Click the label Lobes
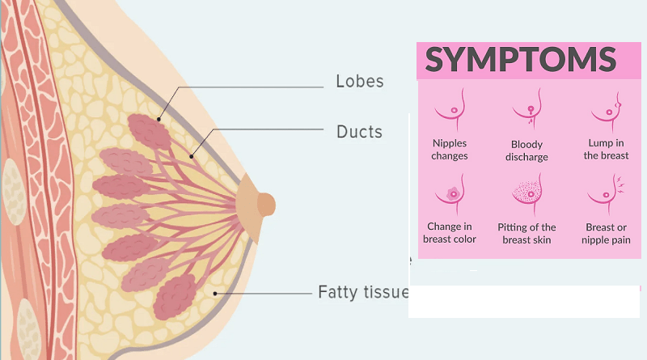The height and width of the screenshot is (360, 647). coord(359,82)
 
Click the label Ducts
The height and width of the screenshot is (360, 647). coord(359,131)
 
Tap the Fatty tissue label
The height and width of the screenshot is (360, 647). coord(363,292)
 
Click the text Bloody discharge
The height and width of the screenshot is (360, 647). coord(526,150)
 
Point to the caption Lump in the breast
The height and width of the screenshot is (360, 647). coord(606,150)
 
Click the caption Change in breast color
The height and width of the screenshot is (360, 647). coord(450,233)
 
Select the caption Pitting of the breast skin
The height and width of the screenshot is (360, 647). coord(527,233)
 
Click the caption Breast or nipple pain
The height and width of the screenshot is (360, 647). coord(606,233)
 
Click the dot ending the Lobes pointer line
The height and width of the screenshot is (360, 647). coord(159,120)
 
